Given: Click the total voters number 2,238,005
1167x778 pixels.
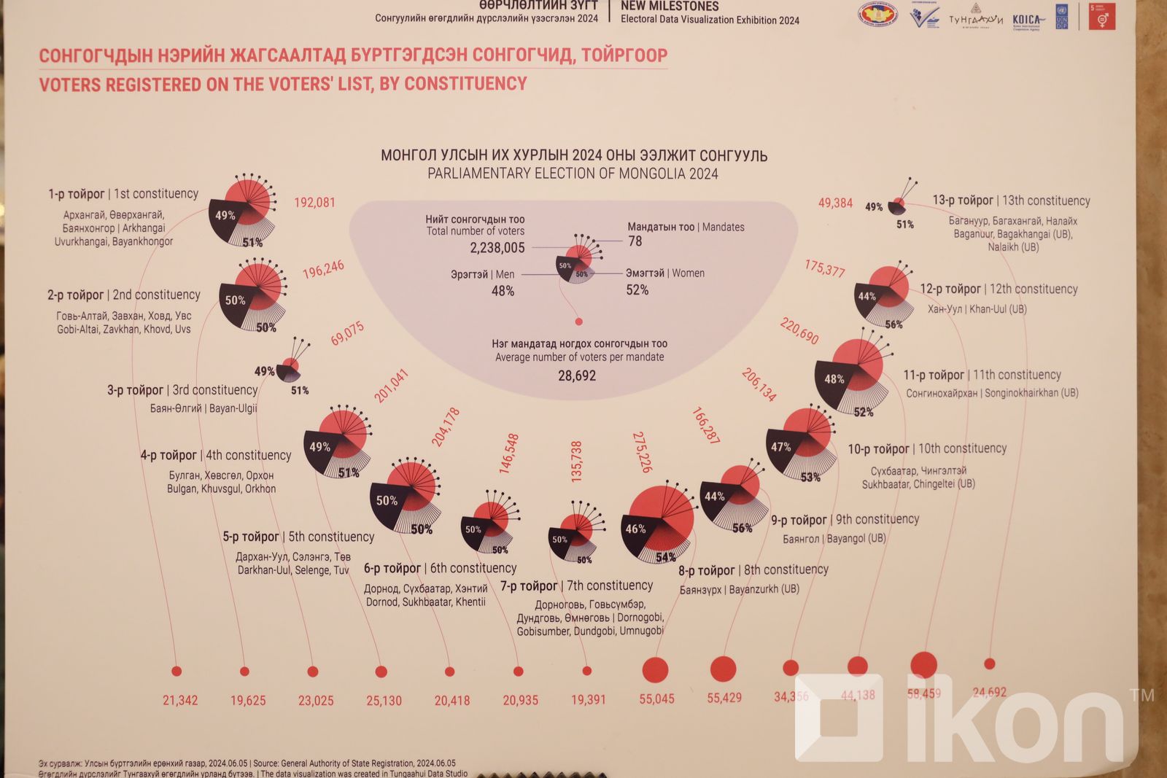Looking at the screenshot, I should (497, 248).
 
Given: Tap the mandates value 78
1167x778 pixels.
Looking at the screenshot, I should (635, 241).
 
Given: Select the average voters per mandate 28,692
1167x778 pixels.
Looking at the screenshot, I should (577, 376).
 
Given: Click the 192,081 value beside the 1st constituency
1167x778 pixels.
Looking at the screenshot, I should (314, 203).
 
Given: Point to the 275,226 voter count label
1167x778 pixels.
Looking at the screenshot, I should (642, 452).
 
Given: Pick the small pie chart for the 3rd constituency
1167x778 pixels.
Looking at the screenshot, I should (290, 367).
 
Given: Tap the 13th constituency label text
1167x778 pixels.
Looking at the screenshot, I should (1011, 201).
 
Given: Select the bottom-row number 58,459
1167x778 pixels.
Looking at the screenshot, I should (923, 694).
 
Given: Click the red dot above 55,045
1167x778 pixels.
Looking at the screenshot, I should (655, 670).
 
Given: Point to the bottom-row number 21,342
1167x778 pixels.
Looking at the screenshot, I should (180, 701).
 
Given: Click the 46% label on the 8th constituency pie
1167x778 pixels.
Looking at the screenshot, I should (635, 529).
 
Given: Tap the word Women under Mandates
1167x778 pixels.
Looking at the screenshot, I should (688, 273).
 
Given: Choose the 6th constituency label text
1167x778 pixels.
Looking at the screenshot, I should (440, 568).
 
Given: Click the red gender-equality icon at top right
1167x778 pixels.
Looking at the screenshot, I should (1102, 17).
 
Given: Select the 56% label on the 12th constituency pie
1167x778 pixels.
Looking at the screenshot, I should (893, 324).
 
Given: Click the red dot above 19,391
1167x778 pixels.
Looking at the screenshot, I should (587, 671).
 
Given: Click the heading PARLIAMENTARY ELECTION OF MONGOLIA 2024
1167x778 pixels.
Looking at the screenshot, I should (573, 174).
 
